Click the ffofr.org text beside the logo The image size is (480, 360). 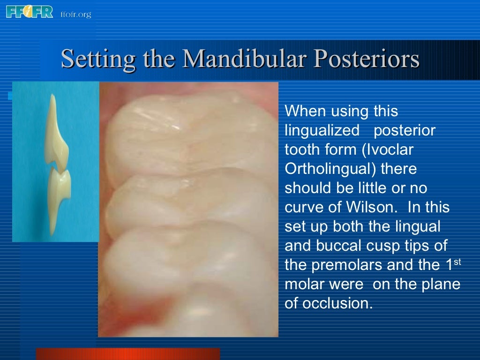pyautogui.click(x=75, y=15)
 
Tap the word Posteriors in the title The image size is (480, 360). pyautogui.click(x=366, y=60)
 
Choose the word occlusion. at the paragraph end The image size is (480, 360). pyautogui.click(x=337, y=303)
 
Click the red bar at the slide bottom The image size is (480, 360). pyautogui.click(x=127, y=354)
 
